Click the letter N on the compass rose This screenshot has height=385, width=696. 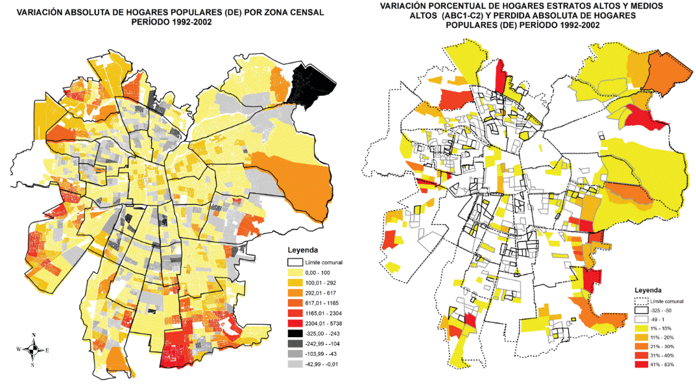tap(32, 335)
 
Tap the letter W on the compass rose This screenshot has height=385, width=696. tap(18, 350)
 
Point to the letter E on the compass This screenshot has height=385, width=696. tap(47, 350)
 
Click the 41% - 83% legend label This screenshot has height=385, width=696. tap(663, 364)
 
